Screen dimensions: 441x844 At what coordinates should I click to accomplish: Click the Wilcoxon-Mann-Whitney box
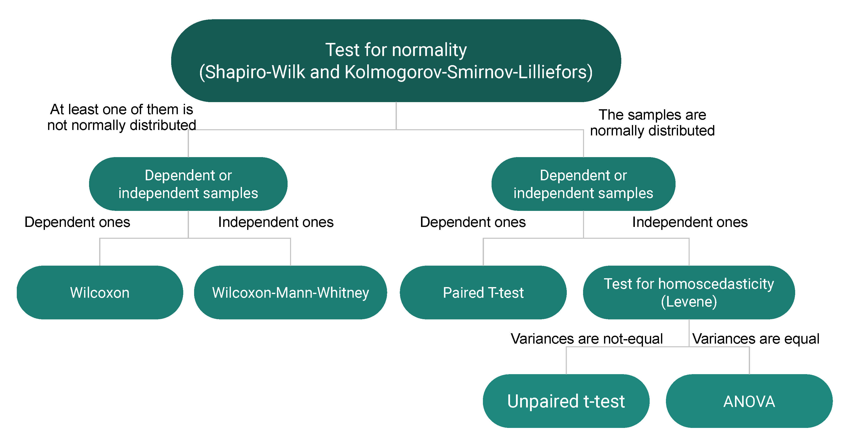point(290,293)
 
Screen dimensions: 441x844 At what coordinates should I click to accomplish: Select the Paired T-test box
point(483,293)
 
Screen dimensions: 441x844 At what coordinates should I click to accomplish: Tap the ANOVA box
point(749,401)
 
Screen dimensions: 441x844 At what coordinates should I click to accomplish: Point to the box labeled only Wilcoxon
point(100,293)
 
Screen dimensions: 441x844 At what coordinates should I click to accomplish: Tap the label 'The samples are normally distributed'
point(652,123)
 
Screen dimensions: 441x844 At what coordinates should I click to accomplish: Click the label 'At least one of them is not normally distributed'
point(122,117)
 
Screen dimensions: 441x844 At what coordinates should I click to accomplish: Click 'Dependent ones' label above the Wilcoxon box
point(77,222)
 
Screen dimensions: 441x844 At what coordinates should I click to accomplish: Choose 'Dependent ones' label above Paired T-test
point(473,222)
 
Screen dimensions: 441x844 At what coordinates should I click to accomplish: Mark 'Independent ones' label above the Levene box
point(690,222)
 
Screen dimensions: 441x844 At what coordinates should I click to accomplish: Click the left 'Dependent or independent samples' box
point(188,184)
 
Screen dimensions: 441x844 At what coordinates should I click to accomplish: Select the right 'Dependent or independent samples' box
point(583,184)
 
